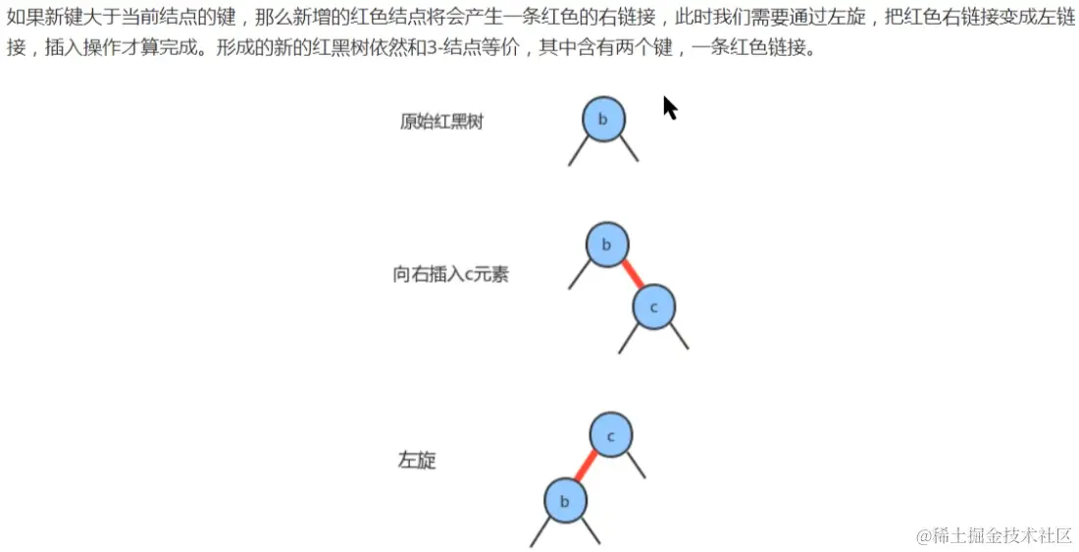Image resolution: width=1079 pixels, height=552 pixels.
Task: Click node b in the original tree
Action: [x=603, y=120]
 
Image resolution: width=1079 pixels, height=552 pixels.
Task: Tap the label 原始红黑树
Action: [x=441, y=123]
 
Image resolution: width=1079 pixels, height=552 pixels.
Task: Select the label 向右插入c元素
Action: [x=451, y=275]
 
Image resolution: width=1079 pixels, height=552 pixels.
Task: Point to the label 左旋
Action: [x=417, y=461]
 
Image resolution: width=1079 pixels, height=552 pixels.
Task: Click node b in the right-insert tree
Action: [x=607, y=245]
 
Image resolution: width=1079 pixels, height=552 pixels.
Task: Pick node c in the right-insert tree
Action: [x=654, y=307]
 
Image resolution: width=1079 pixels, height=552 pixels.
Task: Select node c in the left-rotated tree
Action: [x=611, y=435]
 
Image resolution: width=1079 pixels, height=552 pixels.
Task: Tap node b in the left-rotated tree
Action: [x=565, y=501]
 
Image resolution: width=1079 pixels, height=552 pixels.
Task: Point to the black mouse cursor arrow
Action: [x=669, y=106]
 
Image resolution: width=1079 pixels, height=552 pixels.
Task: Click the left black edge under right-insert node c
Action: [x=629, y=339]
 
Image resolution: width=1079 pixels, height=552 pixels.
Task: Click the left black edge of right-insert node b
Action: [x=579, y=276]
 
